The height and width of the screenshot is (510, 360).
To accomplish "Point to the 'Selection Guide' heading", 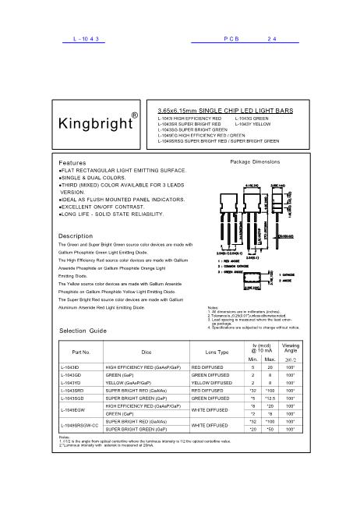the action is pyautogui.click(x=83, y=331).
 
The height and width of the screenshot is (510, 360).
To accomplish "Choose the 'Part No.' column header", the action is pyautogui.click(x=81, y=352).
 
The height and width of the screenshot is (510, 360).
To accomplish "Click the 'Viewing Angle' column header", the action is pyautogui.click(x=291, y=348).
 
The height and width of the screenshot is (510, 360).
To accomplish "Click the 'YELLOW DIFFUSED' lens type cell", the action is pyautogui.click(x=212, y=381).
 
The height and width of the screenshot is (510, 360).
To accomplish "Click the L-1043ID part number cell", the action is pyautogui.click(x=70, y=366).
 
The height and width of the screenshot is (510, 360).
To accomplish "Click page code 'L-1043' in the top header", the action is pyautogui.click(x=80, y=37).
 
